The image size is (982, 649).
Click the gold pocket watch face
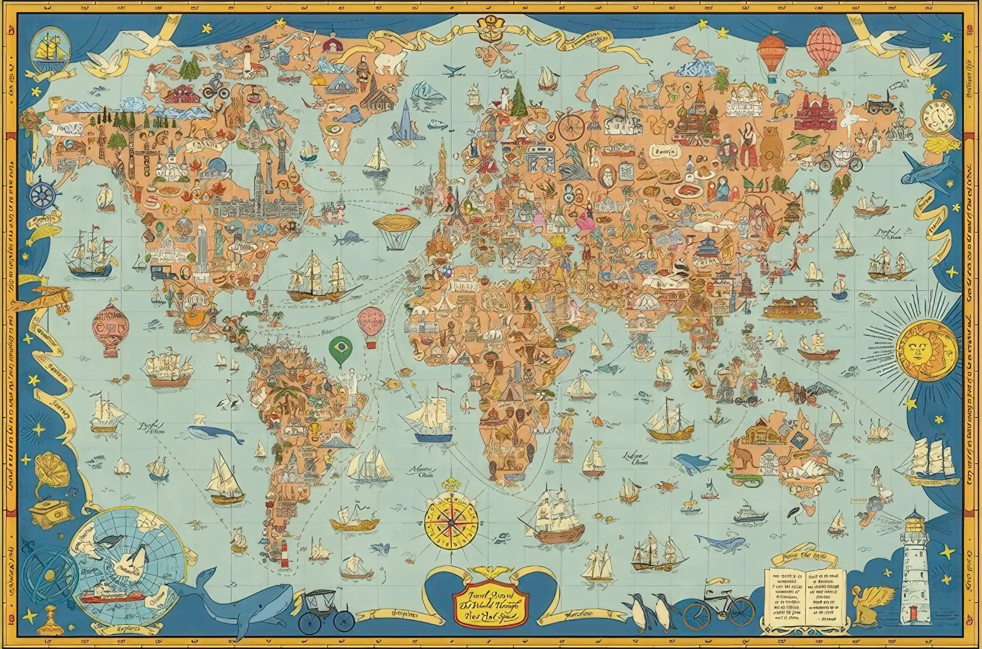[938, 116]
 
